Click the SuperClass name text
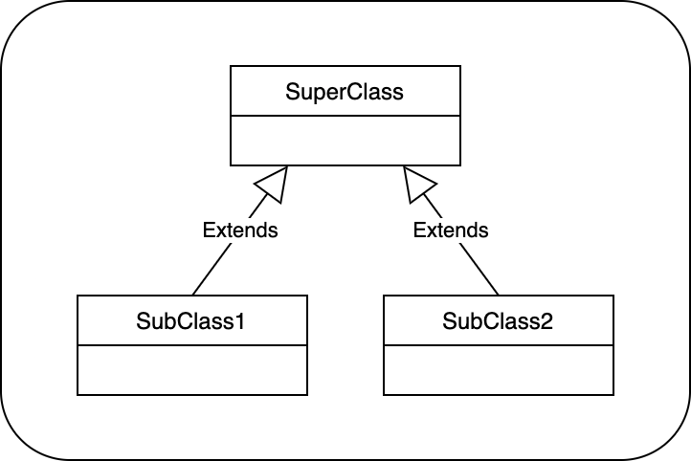345,92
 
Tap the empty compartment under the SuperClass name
345,140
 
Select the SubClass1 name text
191,321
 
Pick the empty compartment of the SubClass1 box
191,369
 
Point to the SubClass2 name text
498,321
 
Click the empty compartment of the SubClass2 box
498,369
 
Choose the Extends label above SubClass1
240,230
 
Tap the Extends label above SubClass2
450,230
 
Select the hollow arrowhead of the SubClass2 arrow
417,183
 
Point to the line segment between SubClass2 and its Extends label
479,269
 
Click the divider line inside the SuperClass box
345,116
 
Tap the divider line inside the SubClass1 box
191,345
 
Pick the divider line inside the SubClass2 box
498,345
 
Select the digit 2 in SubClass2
546,321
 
